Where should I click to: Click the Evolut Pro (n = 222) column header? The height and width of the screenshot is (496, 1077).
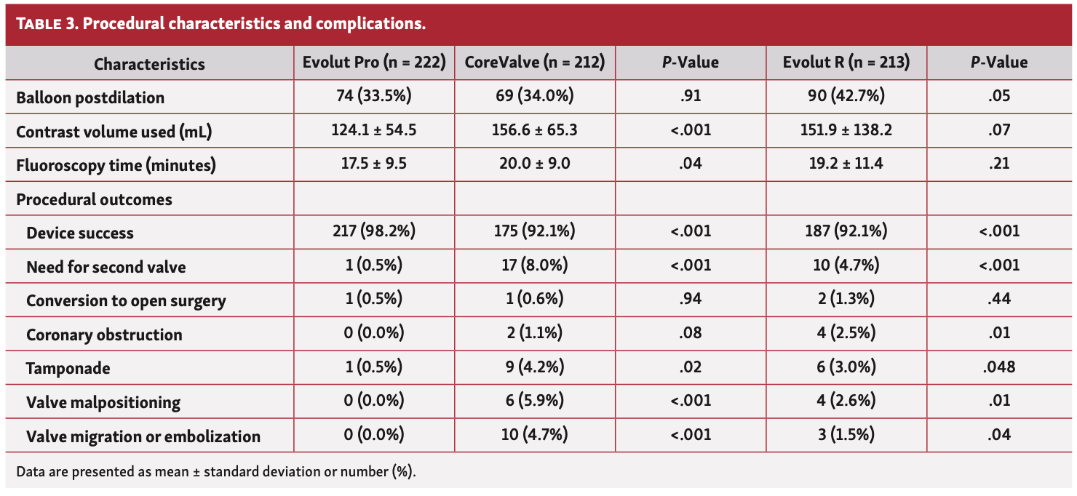(x=374, y=63)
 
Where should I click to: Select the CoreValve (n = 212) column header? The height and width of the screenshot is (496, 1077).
(x=535, y=63)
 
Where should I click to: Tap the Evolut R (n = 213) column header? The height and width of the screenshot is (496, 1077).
(x=846, y=63)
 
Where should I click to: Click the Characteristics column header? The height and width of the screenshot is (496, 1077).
(x=149, y=64)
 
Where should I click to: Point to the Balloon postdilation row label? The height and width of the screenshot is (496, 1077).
(x=90, y=97)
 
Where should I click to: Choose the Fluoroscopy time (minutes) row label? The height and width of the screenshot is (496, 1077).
(x=116, y=165)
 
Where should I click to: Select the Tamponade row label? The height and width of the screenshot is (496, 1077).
(x=68, y=369)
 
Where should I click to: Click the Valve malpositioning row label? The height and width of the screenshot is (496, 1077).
(x=103, y=402)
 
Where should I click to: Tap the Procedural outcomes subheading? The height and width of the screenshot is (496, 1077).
(x=94, y=199)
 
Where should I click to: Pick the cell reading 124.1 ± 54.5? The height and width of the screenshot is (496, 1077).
(x=374, y=131)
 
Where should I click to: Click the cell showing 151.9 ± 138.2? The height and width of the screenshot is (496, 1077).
(x=846, y=131)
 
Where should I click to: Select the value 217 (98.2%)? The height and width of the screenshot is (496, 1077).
(x=374, y=233)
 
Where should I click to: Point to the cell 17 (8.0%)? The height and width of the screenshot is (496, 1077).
(x=535, y=266)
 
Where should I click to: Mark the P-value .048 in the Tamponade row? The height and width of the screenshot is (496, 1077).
(x=999, y=368)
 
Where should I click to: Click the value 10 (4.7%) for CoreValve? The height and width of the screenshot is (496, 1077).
(x=535, y=436)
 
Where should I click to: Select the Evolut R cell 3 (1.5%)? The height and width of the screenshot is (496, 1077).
(x=846, y=436)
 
